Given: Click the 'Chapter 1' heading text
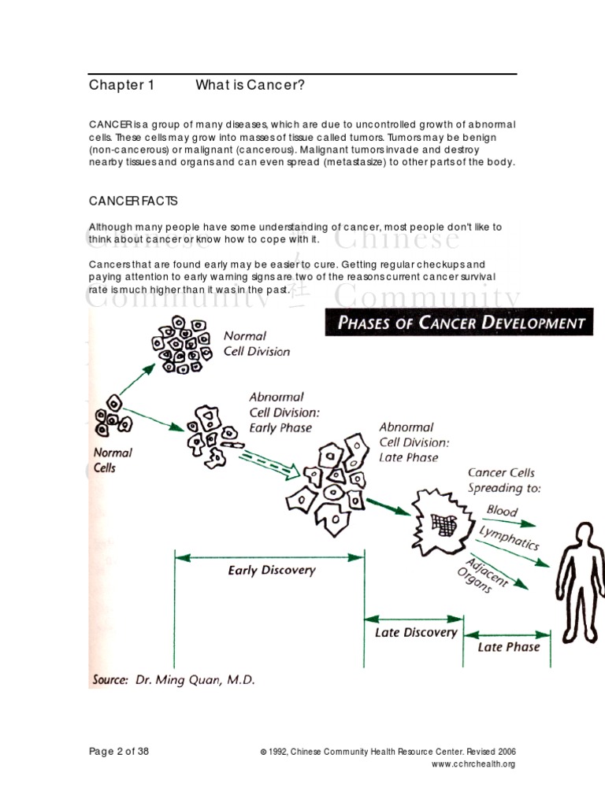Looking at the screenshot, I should tap(121, 86).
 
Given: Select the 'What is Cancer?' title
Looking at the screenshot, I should tap(250, 86).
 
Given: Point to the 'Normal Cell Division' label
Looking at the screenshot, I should tap(256, 343).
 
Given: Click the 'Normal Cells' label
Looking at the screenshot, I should tap(113, 460).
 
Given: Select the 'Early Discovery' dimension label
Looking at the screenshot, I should tap(271, 571).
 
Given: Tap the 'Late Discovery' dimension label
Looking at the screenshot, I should tap(415, 632).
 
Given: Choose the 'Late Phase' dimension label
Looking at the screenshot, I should tap(508, 647).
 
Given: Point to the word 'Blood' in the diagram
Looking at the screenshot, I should tap(502, 511).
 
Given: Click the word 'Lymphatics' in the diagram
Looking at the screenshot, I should tap(509, 538).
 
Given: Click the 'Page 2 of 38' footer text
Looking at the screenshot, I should tap(119, 751).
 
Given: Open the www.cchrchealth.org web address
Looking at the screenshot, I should tap(473, 764).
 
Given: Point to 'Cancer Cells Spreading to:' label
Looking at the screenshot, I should tap(501, 480).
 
